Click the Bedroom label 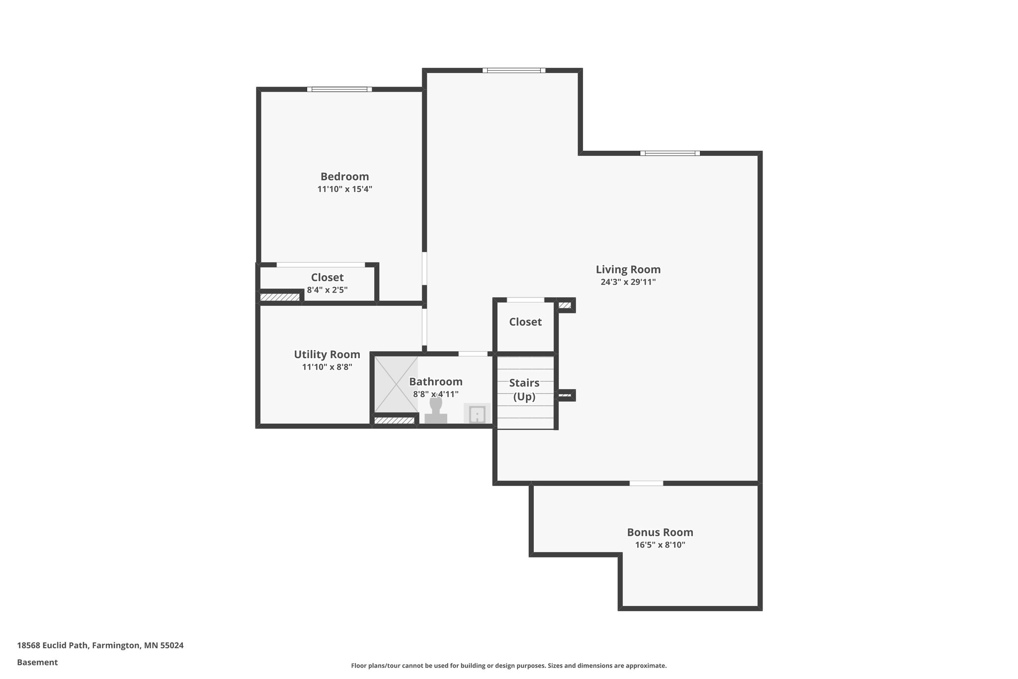click(344, 177)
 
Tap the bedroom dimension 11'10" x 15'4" click(344, 189)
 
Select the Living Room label click(628, 270)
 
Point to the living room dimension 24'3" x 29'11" click(628, 282)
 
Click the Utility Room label click(327, 355)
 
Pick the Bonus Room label click(660, 532)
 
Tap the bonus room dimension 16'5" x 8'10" click(660, 545)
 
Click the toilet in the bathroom click(435, 411)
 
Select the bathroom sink click(477, 414)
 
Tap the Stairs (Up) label click(524, 389)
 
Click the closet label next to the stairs click(525, 322)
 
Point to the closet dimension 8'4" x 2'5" click(327, 290)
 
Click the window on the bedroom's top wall click(339, 90)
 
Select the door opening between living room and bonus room click(646, 483)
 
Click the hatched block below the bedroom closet click(280, 297)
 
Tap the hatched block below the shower click(394, 421)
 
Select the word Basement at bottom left click(37, 662)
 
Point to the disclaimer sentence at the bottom click(509, 666)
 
